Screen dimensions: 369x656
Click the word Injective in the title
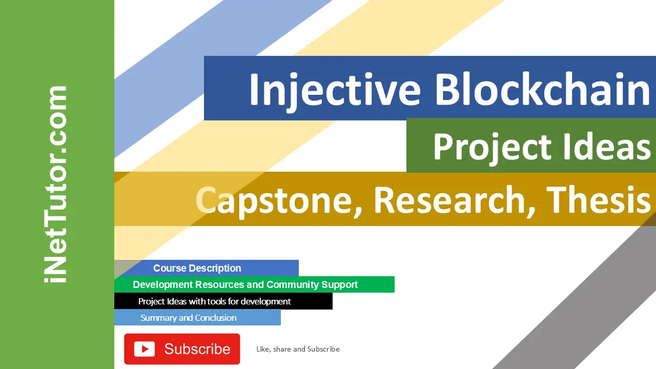334,90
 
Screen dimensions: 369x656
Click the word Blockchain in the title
542,90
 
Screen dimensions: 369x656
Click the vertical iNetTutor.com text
56,184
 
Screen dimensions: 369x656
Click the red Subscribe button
182,349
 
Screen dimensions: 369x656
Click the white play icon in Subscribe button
144,349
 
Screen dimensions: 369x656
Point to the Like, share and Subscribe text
298,349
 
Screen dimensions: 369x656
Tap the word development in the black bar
265,301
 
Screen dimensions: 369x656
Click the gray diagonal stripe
589,297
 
